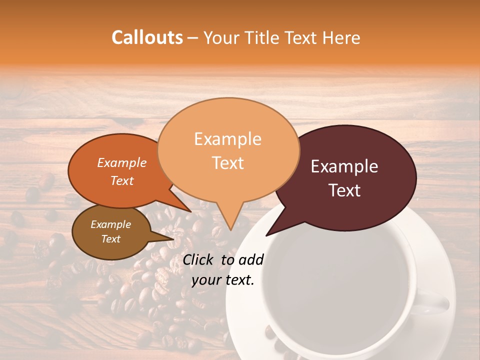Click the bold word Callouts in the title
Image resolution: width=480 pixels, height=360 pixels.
point(147,37)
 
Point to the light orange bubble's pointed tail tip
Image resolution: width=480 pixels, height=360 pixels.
point(230,230)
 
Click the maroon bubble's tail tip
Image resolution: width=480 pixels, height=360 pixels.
point(266,235)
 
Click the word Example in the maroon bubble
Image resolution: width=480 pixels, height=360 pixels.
point(344,166)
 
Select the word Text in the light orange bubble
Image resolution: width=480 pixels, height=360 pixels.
point(228,163)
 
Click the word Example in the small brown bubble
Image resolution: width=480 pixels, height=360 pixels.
point(110,224)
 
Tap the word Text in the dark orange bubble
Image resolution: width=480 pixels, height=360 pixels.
point(121,181)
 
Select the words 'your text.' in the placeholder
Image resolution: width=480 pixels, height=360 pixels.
point(223,280)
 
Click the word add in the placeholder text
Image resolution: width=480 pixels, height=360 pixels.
point(251,259)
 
